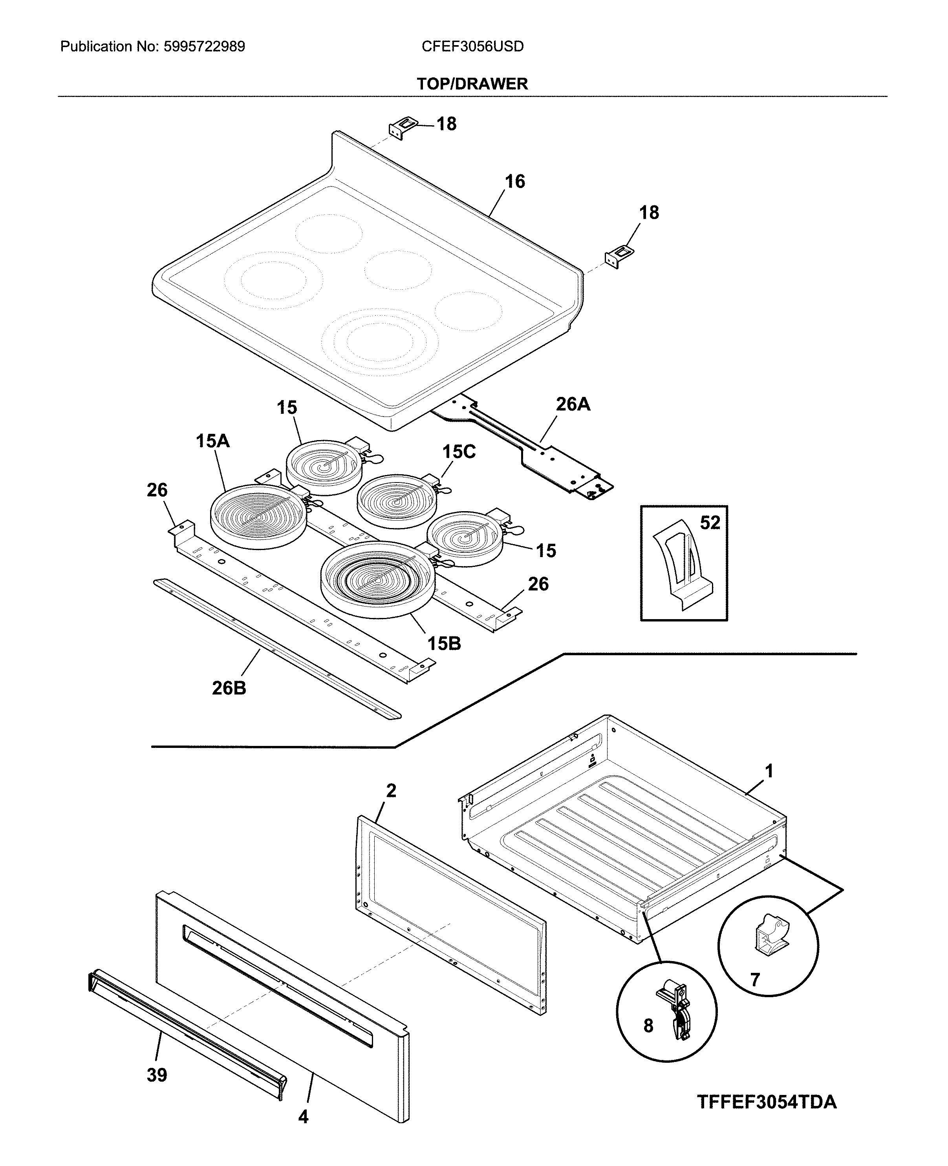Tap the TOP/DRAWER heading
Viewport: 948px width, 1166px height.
[472, 84]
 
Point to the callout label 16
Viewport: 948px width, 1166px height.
[514, 182]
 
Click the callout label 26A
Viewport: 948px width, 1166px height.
[573, 404]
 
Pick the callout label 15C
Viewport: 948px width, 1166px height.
[459, 452]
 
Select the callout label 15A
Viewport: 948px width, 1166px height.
[212, 441]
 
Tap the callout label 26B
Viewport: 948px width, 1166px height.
[229, 688]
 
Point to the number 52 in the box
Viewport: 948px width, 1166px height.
[710, 523]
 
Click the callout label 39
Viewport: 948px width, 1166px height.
[157, 1075]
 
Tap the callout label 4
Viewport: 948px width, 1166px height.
[303, 1117]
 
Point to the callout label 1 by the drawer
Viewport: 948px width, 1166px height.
[769, 771]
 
